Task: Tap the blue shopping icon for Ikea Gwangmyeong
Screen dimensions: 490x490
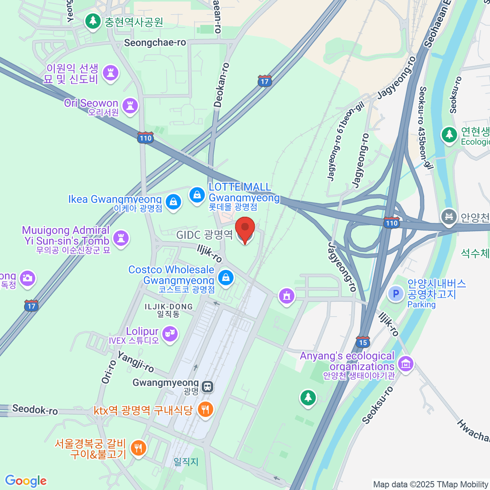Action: [174, 201]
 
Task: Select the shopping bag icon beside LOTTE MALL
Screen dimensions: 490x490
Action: [197, 195]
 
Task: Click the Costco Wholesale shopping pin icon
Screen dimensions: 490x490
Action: [225, 278]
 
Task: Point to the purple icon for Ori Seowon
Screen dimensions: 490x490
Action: [130, 106]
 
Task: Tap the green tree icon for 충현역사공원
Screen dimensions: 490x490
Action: [93, 20]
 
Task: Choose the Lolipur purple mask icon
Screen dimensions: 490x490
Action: [169, 334]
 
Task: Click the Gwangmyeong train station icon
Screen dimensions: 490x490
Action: [207, 386]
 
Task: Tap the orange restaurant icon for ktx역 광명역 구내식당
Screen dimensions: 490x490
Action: [205, 410]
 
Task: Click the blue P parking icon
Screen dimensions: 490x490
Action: [395, 294]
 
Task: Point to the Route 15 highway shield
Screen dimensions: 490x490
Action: [363, 342]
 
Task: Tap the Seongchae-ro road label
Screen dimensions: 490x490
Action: [155, 43]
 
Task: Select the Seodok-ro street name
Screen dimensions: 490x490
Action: [35, 409]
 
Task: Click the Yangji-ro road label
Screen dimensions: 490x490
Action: [136, 362]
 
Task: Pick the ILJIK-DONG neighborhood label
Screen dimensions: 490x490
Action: [169, 307]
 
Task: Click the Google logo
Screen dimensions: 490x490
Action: [26, 481]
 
